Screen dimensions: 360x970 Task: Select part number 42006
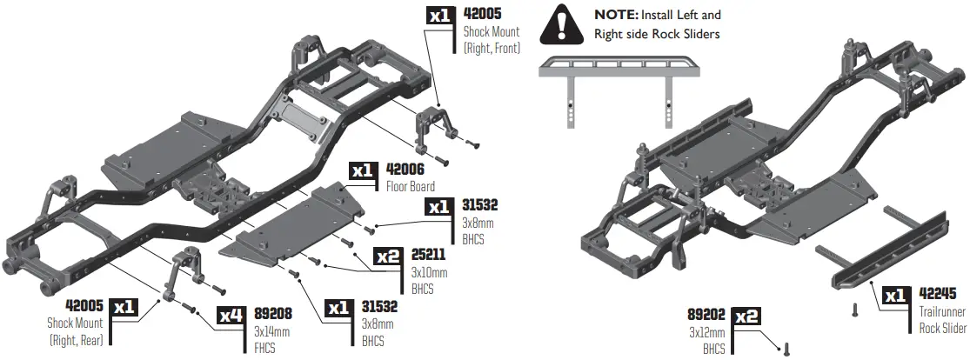[x=405, y=169]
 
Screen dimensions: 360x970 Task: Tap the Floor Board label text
[x=410, y=185]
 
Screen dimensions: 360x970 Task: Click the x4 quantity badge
[x=231, y=316]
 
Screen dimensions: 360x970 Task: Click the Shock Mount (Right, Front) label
[x=492, y=40]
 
